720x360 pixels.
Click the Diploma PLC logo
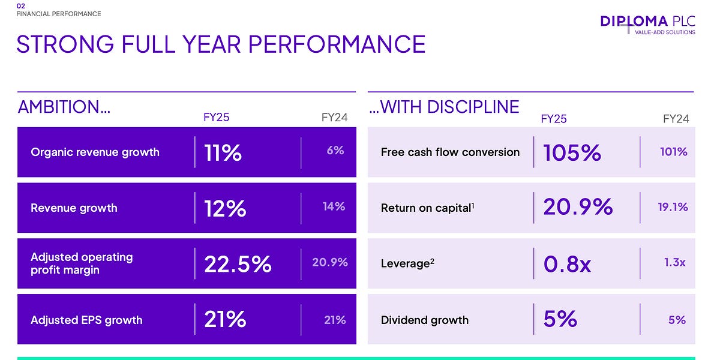(x=647, y=24)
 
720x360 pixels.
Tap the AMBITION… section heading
(x=64, y=107)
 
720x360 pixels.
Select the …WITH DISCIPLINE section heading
(x=444, y=107)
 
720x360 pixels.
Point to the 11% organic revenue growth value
(x=223, y=153)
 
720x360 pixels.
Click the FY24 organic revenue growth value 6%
(x=335, y=151)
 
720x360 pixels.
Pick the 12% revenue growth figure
(x=225, y=208)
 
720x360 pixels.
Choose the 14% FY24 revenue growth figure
(x=334, y=207)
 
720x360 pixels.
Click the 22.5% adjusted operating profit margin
(x=238, y=264)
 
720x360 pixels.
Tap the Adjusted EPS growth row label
(x=86, y=320)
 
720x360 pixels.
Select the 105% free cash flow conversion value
(x=572, y=153)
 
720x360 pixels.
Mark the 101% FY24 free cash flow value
(x=673, y=152)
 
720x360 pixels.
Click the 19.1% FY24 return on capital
(x=673, y=207)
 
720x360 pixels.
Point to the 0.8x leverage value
(x=567, y=264)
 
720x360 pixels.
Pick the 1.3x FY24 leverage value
(x=675, y=263)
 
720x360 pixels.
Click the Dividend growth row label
(x=424, y=320)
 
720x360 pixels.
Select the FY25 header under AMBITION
(x=216, y=118)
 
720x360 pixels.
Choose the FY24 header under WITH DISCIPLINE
(x=676, y=119)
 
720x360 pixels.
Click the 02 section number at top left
(x=20, y=6)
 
